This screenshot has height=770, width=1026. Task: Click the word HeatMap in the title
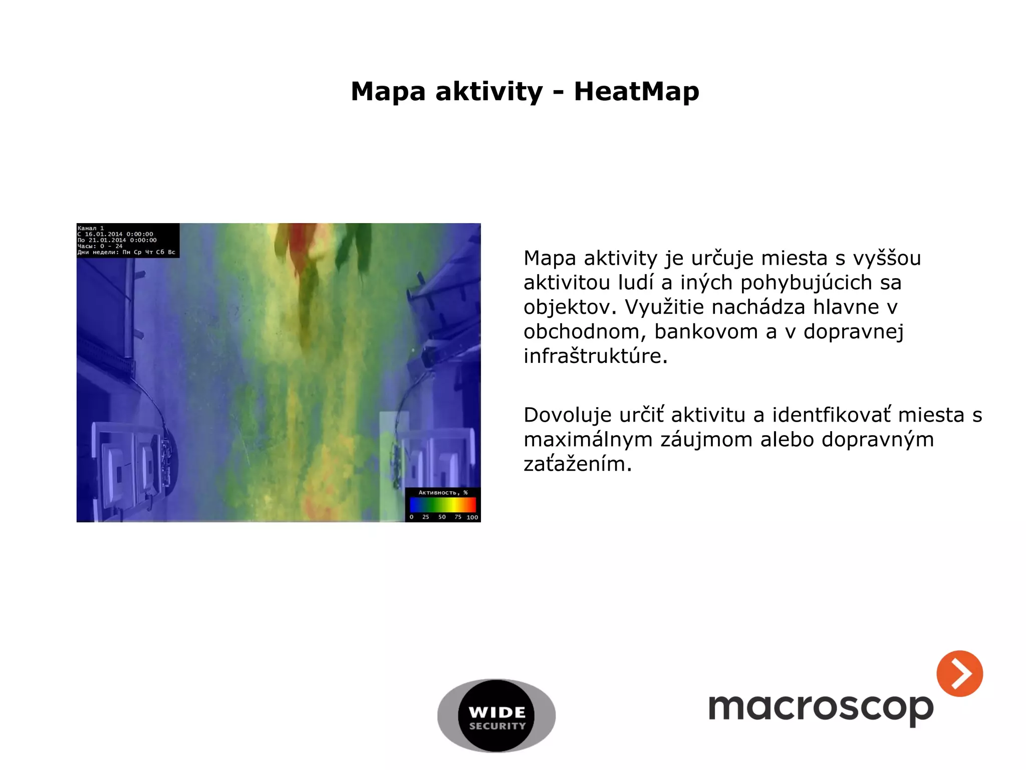[x=636, y=91]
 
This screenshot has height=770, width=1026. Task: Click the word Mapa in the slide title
[x=388, y=92]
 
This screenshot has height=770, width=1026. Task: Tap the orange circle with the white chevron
[x=959, y=673]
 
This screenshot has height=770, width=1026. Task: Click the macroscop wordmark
[x=821, y=708]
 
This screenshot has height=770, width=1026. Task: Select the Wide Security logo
[x=496, y=715]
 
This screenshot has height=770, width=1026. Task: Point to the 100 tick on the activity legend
[x=472, y=517]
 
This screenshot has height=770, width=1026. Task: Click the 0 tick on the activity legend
[x=412, y=517]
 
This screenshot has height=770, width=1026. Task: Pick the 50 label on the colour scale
[x=442, y=517]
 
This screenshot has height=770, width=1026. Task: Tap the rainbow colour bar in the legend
[x=443, y=504]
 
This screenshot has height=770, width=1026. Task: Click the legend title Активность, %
[x=443, y=493]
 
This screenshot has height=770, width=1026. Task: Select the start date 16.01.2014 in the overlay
[x=104, y=234]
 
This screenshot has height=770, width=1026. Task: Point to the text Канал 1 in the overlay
[x=91, y=228]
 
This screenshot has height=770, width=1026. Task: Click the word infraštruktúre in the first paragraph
[x=596, y=356]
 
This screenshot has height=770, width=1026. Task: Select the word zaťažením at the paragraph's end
[x=578, y=464]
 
